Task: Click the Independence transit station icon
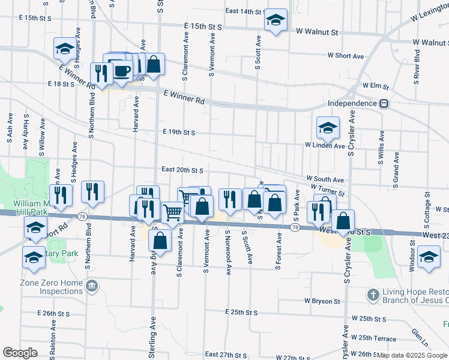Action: tap(383, 104)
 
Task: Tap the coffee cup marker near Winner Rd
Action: tap(122, 70)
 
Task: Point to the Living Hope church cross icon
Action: tap(372, 295)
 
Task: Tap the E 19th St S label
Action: tap(178, 133)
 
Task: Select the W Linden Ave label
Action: tap(325, 145)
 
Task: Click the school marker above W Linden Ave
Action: tap(328, 127)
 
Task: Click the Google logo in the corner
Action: tap(20, 353)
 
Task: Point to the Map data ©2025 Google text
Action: tap(412, 355)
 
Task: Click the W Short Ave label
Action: tap(345, 56)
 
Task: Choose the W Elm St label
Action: tap(376, 86)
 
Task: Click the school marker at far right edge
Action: tap(429, 256)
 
